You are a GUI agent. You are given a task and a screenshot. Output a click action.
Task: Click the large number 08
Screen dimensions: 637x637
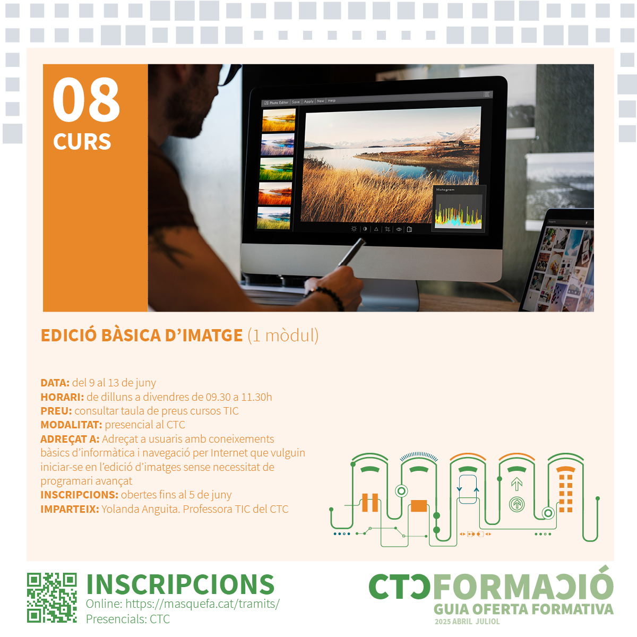tap(87, 100)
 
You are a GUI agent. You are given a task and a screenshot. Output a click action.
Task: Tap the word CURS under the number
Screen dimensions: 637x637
tap(82, 142)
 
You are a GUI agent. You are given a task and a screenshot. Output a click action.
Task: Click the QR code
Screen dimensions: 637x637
tap(51, 597)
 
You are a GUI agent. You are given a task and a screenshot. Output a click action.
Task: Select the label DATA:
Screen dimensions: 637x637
tap(55, 383)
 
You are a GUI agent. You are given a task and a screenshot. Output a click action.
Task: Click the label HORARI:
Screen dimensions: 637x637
tap(62, 397)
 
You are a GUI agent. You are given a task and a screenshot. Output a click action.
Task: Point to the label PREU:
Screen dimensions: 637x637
tap(56, 411)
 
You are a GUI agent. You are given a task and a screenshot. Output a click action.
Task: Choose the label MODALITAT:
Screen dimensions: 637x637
tap(71, 425)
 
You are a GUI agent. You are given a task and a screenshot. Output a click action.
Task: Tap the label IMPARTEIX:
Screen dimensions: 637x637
tap(70, 509)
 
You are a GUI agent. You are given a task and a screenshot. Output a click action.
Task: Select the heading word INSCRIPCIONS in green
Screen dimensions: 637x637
tap(180, 584)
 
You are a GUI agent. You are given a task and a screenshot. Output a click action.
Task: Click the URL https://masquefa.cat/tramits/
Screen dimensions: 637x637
tap(202, 604)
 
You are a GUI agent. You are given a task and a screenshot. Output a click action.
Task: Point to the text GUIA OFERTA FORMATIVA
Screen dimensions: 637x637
tap(523, 609)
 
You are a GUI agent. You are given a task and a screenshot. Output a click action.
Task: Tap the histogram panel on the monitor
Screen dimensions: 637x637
tap(459, 208)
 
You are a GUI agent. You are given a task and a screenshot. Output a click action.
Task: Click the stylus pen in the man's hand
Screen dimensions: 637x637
tap(351, 252)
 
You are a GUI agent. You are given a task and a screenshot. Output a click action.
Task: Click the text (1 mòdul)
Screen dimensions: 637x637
tap(283, 335)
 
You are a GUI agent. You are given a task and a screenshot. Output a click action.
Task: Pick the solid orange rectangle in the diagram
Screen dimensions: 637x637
tap(419, 505)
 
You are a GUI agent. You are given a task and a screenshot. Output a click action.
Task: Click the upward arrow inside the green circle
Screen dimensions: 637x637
tap(517, 504)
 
